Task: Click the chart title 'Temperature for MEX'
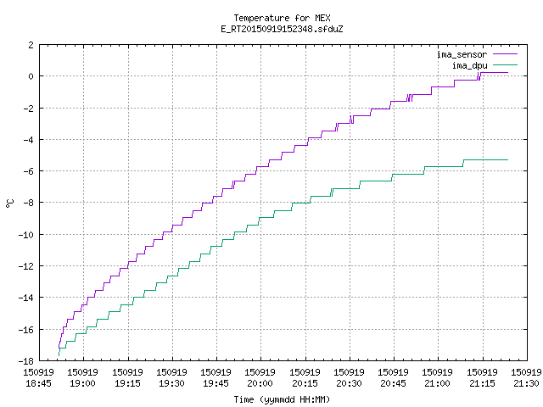tap(282, 18)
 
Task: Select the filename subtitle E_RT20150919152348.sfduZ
tap(282, 29)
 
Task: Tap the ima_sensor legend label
tap(462, 54)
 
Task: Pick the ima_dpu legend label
tap(469, 66)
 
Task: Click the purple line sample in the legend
tap(505, 54)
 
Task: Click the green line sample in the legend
tap(505, 65)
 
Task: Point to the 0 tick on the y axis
tap(31, 76)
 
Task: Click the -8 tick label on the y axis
tap(28, 203)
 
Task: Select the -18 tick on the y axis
tap(26, 361)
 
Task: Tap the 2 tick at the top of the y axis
tap(31, 45)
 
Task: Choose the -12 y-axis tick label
tap(26, 266)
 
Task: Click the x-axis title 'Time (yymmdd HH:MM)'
tap(282, 399)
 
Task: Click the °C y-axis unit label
tap(10, 203)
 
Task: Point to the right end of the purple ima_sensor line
tap(507, 73)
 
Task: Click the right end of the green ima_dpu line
tap(507, 160)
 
